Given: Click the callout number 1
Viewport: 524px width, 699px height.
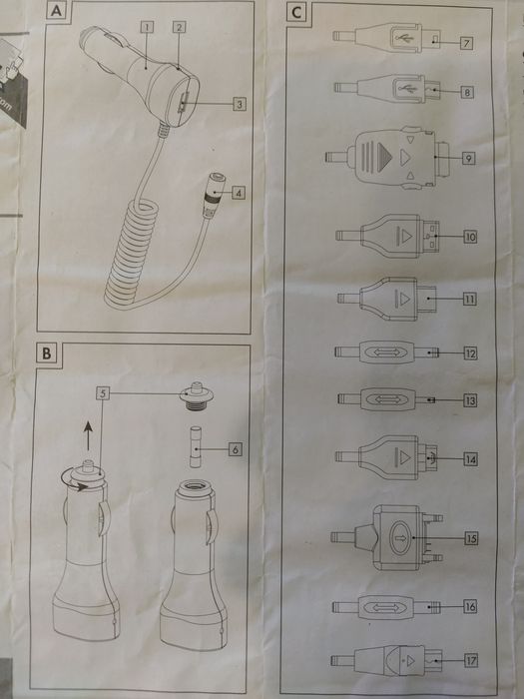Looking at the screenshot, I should tap(147, 28).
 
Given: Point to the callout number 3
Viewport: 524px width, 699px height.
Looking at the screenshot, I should tap(240, 102).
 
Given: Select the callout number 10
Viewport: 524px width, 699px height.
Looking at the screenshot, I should tap(468, 237).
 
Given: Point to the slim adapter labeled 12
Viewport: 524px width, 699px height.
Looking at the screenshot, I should tap(385, 352).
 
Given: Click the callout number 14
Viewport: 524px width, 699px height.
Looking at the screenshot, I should tap(468, 458).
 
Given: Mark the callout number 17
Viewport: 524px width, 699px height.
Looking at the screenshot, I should tap(468, 660).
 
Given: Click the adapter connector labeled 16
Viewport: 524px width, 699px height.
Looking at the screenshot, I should tap(385, 606).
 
